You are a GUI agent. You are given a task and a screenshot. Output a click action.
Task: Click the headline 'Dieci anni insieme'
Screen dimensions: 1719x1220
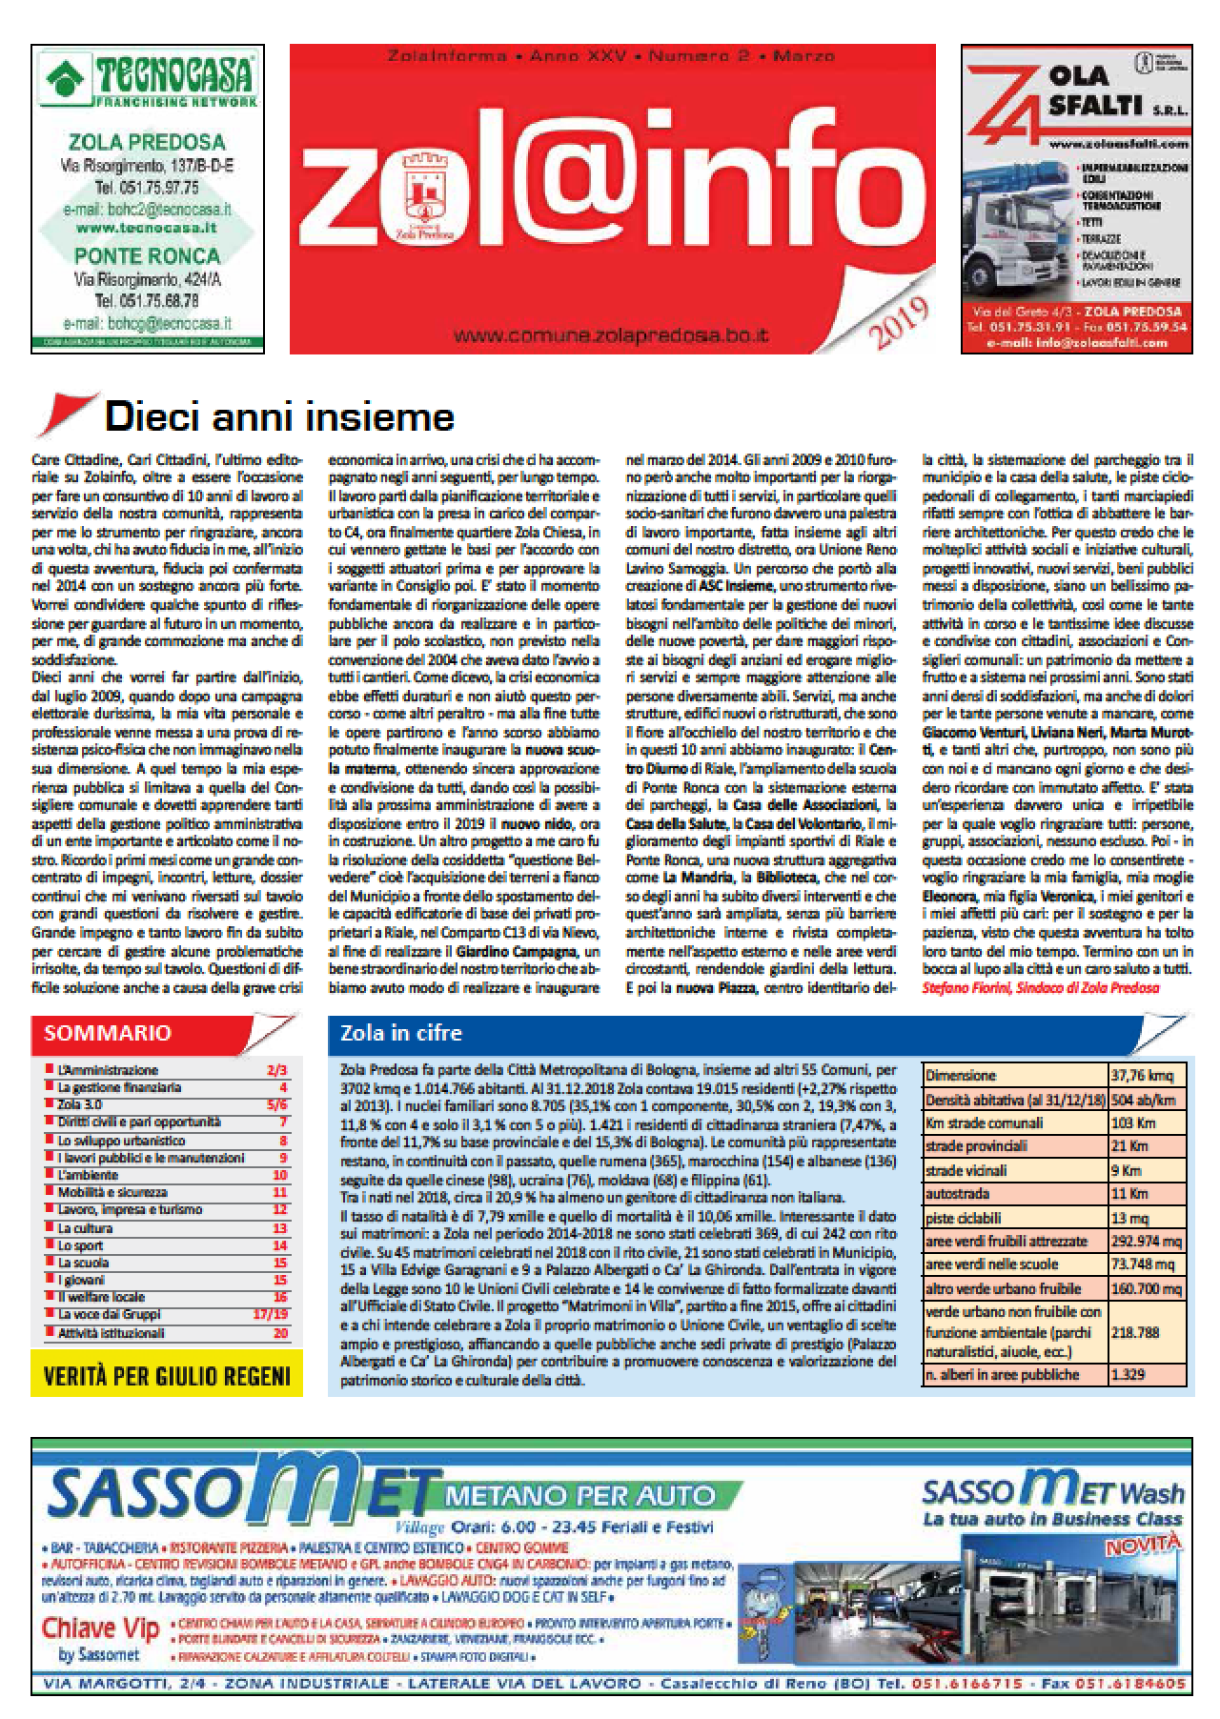[x=279, y=417]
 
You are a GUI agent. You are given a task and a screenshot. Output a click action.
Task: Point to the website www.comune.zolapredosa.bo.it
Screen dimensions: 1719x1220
[x=612, y=335]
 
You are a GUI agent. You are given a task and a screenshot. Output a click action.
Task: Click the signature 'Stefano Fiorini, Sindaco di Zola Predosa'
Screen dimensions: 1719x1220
[x=1041, y=988]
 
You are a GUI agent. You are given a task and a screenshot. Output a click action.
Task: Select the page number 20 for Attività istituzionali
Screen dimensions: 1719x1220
[x=280, y=1333]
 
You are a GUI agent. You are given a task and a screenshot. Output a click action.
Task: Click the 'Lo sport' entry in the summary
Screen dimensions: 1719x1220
[x=79, y=1245]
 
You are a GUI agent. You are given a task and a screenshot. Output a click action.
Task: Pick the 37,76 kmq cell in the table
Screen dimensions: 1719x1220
[x=1145, y=1075]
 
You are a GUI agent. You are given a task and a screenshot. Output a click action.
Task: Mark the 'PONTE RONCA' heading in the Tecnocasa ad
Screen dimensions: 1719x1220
[x=148, y=255]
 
